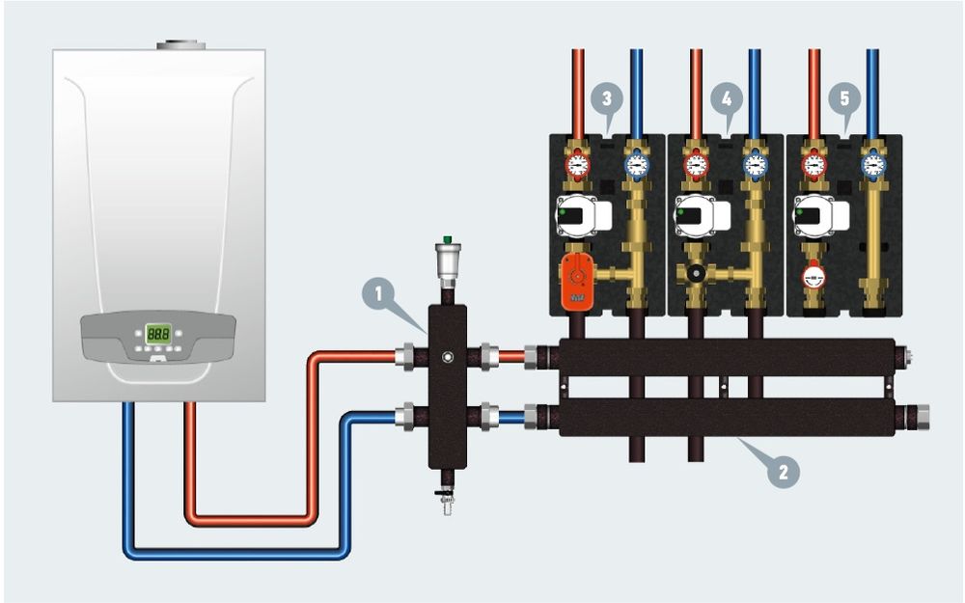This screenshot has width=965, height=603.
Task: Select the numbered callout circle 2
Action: coord(784,471)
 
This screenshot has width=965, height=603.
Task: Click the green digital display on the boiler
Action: coord(158,334)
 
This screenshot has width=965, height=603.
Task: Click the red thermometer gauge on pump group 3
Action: coord(577,165)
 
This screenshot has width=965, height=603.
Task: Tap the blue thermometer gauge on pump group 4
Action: coord(755,165)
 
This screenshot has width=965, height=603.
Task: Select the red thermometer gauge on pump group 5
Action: coord(814,165)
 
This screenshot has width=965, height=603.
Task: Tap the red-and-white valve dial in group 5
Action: coord(814,276)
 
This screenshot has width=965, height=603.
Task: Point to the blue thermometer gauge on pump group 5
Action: coord(874,165)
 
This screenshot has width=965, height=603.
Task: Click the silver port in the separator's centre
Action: coord(447,357)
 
